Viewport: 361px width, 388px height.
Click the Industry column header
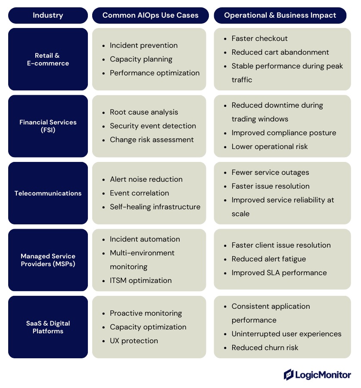[48, 16]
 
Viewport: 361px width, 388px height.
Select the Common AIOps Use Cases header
[150, 16]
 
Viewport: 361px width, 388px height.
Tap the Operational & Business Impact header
[280, 16]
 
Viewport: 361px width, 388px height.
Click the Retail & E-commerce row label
[48, 59]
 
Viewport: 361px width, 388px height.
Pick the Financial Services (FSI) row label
[48, 126]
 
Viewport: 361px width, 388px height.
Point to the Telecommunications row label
[48, 193]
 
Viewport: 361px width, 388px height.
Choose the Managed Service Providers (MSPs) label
[48, 260]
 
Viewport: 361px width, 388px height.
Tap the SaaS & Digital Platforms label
[48, 327]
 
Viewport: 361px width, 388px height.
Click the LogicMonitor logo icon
[289, 375]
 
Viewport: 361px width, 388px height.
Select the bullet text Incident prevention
[143, 45]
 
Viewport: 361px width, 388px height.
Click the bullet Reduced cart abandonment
[280, 52]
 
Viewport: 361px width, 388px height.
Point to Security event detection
[153, 126]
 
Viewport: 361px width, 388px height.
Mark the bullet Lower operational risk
[270, 146]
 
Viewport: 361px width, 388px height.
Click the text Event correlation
[140, 193]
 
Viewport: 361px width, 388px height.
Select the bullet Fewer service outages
[271, 172]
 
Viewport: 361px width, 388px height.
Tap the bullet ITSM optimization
[140, 280]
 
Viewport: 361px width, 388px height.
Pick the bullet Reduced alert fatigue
[269, 259]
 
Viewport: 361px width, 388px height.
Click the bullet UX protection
[134, 341]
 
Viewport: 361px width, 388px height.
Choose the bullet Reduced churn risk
[265, 348]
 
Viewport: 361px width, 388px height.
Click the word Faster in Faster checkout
[243, 38]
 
